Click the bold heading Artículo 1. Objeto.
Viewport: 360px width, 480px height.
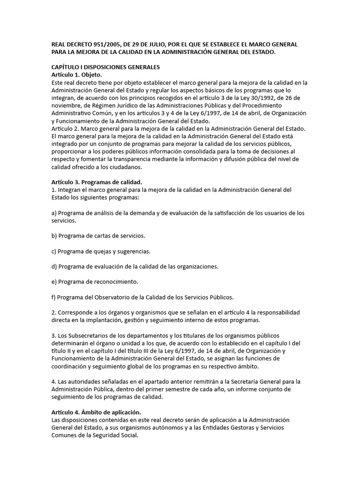click(76, 75)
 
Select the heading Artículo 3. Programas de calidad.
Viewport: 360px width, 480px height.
click(96, 182)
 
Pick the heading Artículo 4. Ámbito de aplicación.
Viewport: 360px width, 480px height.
click(90, 412)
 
